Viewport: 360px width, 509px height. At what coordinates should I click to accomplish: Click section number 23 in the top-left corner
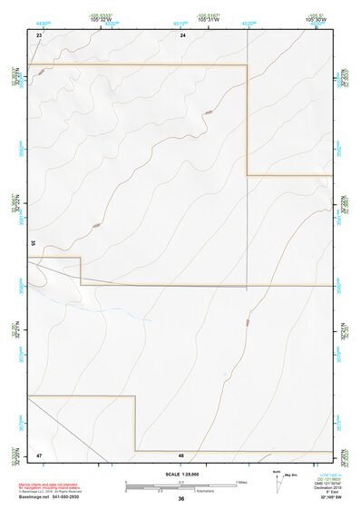pos(39,34)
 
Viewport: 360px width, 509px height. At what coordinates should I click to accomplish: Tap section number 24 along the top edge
pos(182,34)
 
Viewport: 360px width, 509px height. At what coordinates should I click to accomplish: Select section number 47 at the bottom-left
pos(39,455)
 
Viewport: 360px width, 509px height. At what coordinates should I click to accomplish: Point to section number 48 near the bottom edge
pos(181,455)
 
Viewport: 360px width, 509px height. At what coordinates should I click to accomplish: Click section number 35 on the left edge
pos(32,243)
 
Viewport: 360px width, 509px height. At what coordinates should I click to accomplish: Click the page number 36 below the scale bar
pos(181,499)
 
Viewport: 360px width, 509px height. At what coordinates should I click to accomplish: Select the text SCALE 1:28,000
pos(181,474)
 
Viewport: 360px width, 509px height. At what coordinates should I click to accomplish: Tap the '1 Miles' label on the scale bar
pos(242,481)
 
